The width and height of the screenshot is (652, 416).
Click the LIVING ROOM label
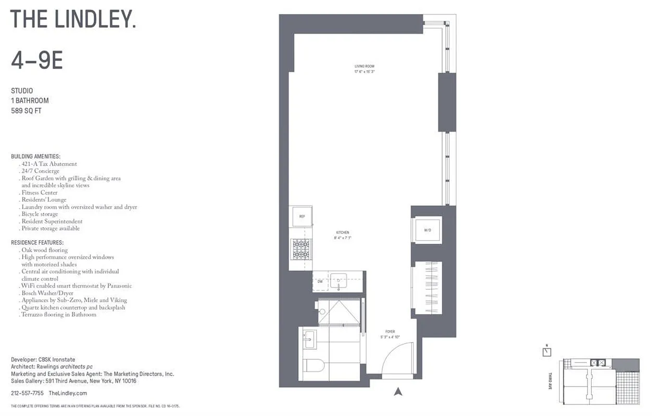pyautogui.click(x=365, y=66)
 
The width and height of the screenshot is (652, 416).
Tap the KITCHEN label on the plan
pyautogui.click(x=342, y=232)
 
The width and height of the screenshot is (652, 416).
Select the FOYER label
pyautogui.click(x=390, y=332)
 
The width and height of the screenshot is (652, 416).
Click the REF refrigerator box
pyautogui.click(x=302, y=216)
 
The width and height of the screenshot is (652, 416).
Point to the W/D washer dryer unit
pyautogui.click(x=428, y=229)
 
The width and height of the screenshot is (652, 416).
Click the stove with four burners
pyautogui.click(x=302, y=249)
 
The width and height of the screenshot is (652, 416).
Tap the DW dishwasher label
pyautogui.click(x=320, y=281)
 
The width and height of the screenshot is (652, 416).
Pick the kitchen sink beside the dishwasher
pyautogui.click(x=339, y=281)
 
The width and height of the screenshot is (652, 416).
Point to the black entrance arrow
pyautogui.click(x=398, y=391)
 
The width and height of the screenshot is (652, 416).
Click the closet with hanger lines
pyautogui.click(x=428, y=288)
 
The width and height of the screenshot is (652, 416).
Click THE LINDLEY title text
pyautogui.click(x=73, y=19)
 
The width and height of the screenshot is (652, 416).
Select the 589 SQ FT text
pyautogui.click(x=26, y=110)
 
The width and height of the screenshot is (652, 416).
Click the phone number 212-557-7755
pyautogui.click(x=27, y=394)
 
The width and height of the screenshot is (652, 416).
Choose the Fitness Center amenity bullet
pyautogui.click(x=40, y=192)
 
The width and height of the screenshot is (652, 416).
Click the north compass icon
pyautogui.click(x=546, y=351)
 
